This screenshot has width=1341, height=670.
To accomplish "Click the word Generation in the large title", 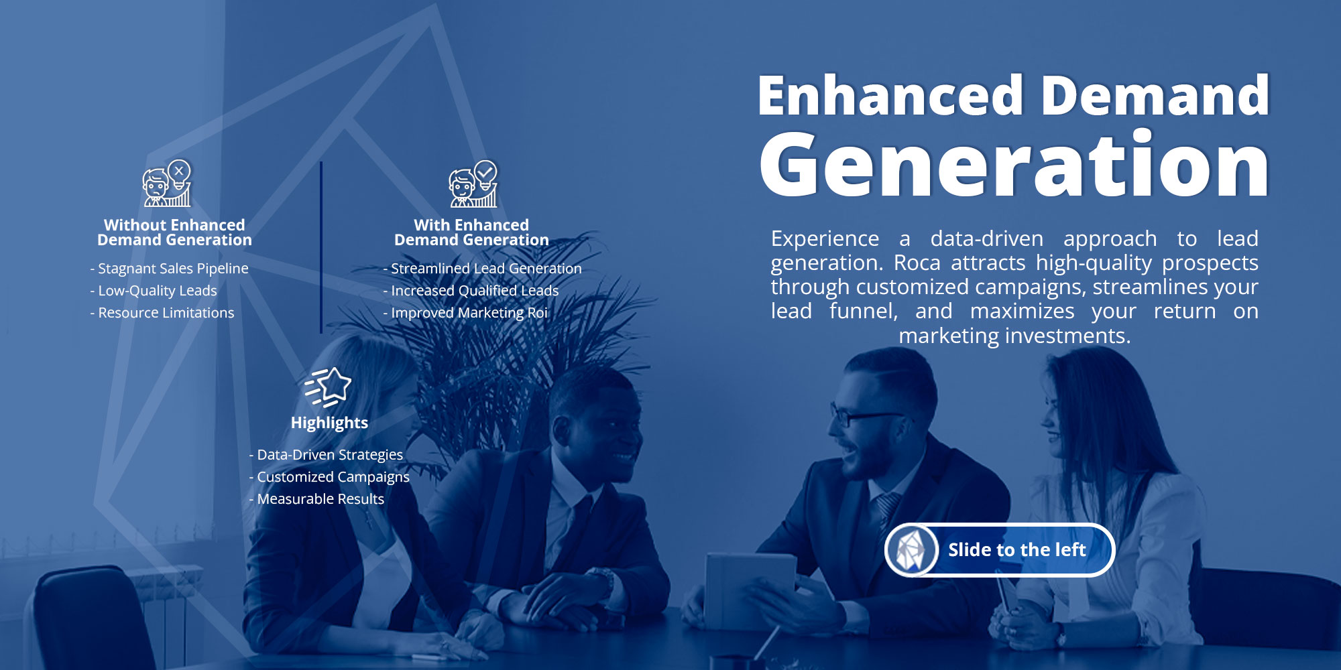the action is [x=1014, y=164].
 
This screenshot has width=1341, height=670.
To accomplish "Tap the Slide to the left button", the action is [x=1000, y=549].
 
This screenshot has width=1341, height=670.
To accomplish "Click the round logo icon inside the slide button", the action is [x=911, y=550].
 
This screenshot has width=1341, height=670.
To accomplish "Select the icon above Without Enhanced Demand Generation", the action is [x=167, y=183].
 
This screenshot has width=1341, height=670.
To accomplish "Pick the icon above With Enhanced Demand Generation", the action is [x=473, y=183].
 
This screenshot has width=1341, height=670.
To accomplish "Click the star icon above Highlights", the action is [x=328, y=387].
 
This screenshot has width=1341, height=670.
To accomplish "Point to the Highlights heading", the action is [x=329, y=423].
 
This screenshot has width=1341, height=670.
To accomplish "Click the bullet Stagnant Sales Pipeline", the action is [x=169, y=269].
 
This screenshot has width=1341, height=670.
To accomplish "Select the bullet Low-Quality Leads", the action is [x=154, y=291].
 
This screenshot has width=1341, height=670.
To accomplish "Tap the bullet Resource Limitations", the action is [x=162, y=313].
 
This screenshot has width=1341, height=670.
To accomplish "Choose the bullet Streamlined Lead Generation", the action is [x=482, y=269].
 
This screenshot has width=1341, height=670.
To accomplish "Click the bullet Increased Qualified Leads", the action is [x=471, y=291].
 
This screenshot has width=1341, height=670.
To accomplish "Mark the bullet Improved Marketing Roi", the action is [x=465, y=313].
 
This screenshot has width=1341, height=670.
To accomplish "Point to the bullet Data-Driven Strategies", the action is [x=326, y=455].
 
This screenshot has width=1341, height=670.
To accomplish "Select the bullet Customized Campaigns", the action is [x=329, y=477].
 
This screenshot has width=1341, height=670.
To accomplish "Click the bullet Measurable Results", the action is [x=316, y=499].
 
